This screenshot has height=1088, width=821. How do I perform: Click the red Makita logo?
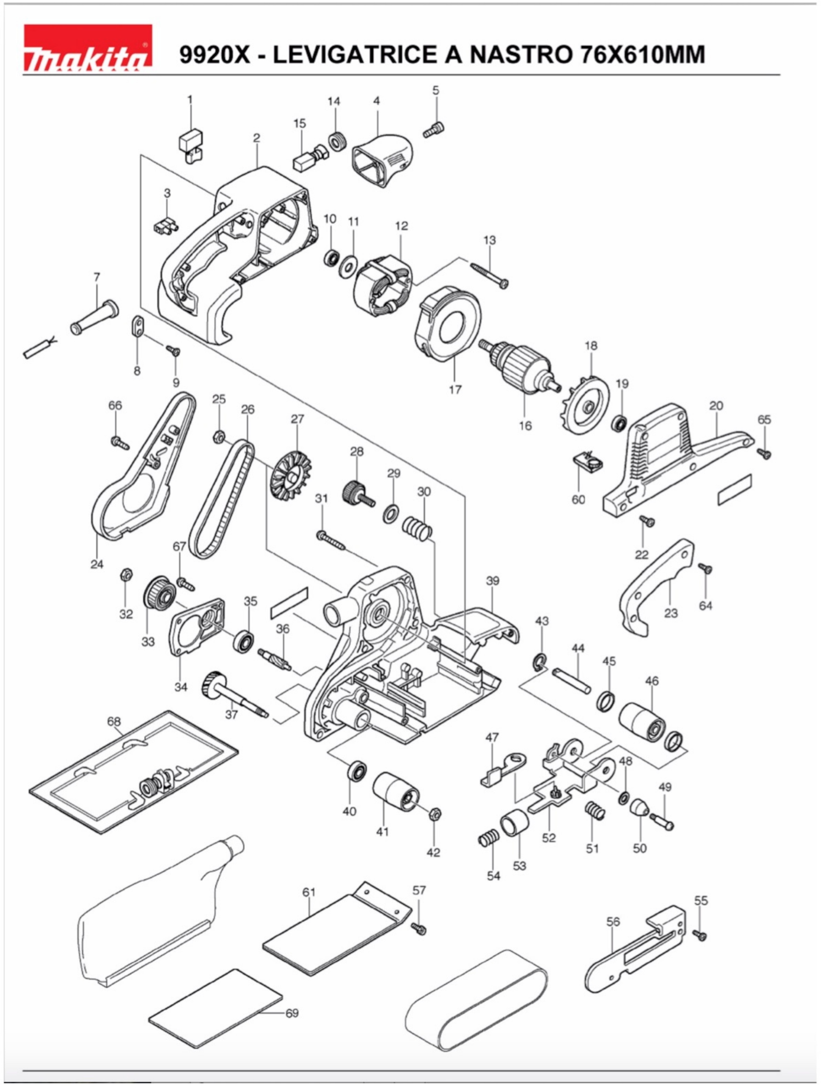[88, 48]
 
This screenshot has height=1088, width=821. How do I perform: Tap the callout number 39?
[492, 581]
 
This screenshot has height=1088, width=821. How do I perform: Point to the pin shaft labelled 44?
[571, 680]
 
